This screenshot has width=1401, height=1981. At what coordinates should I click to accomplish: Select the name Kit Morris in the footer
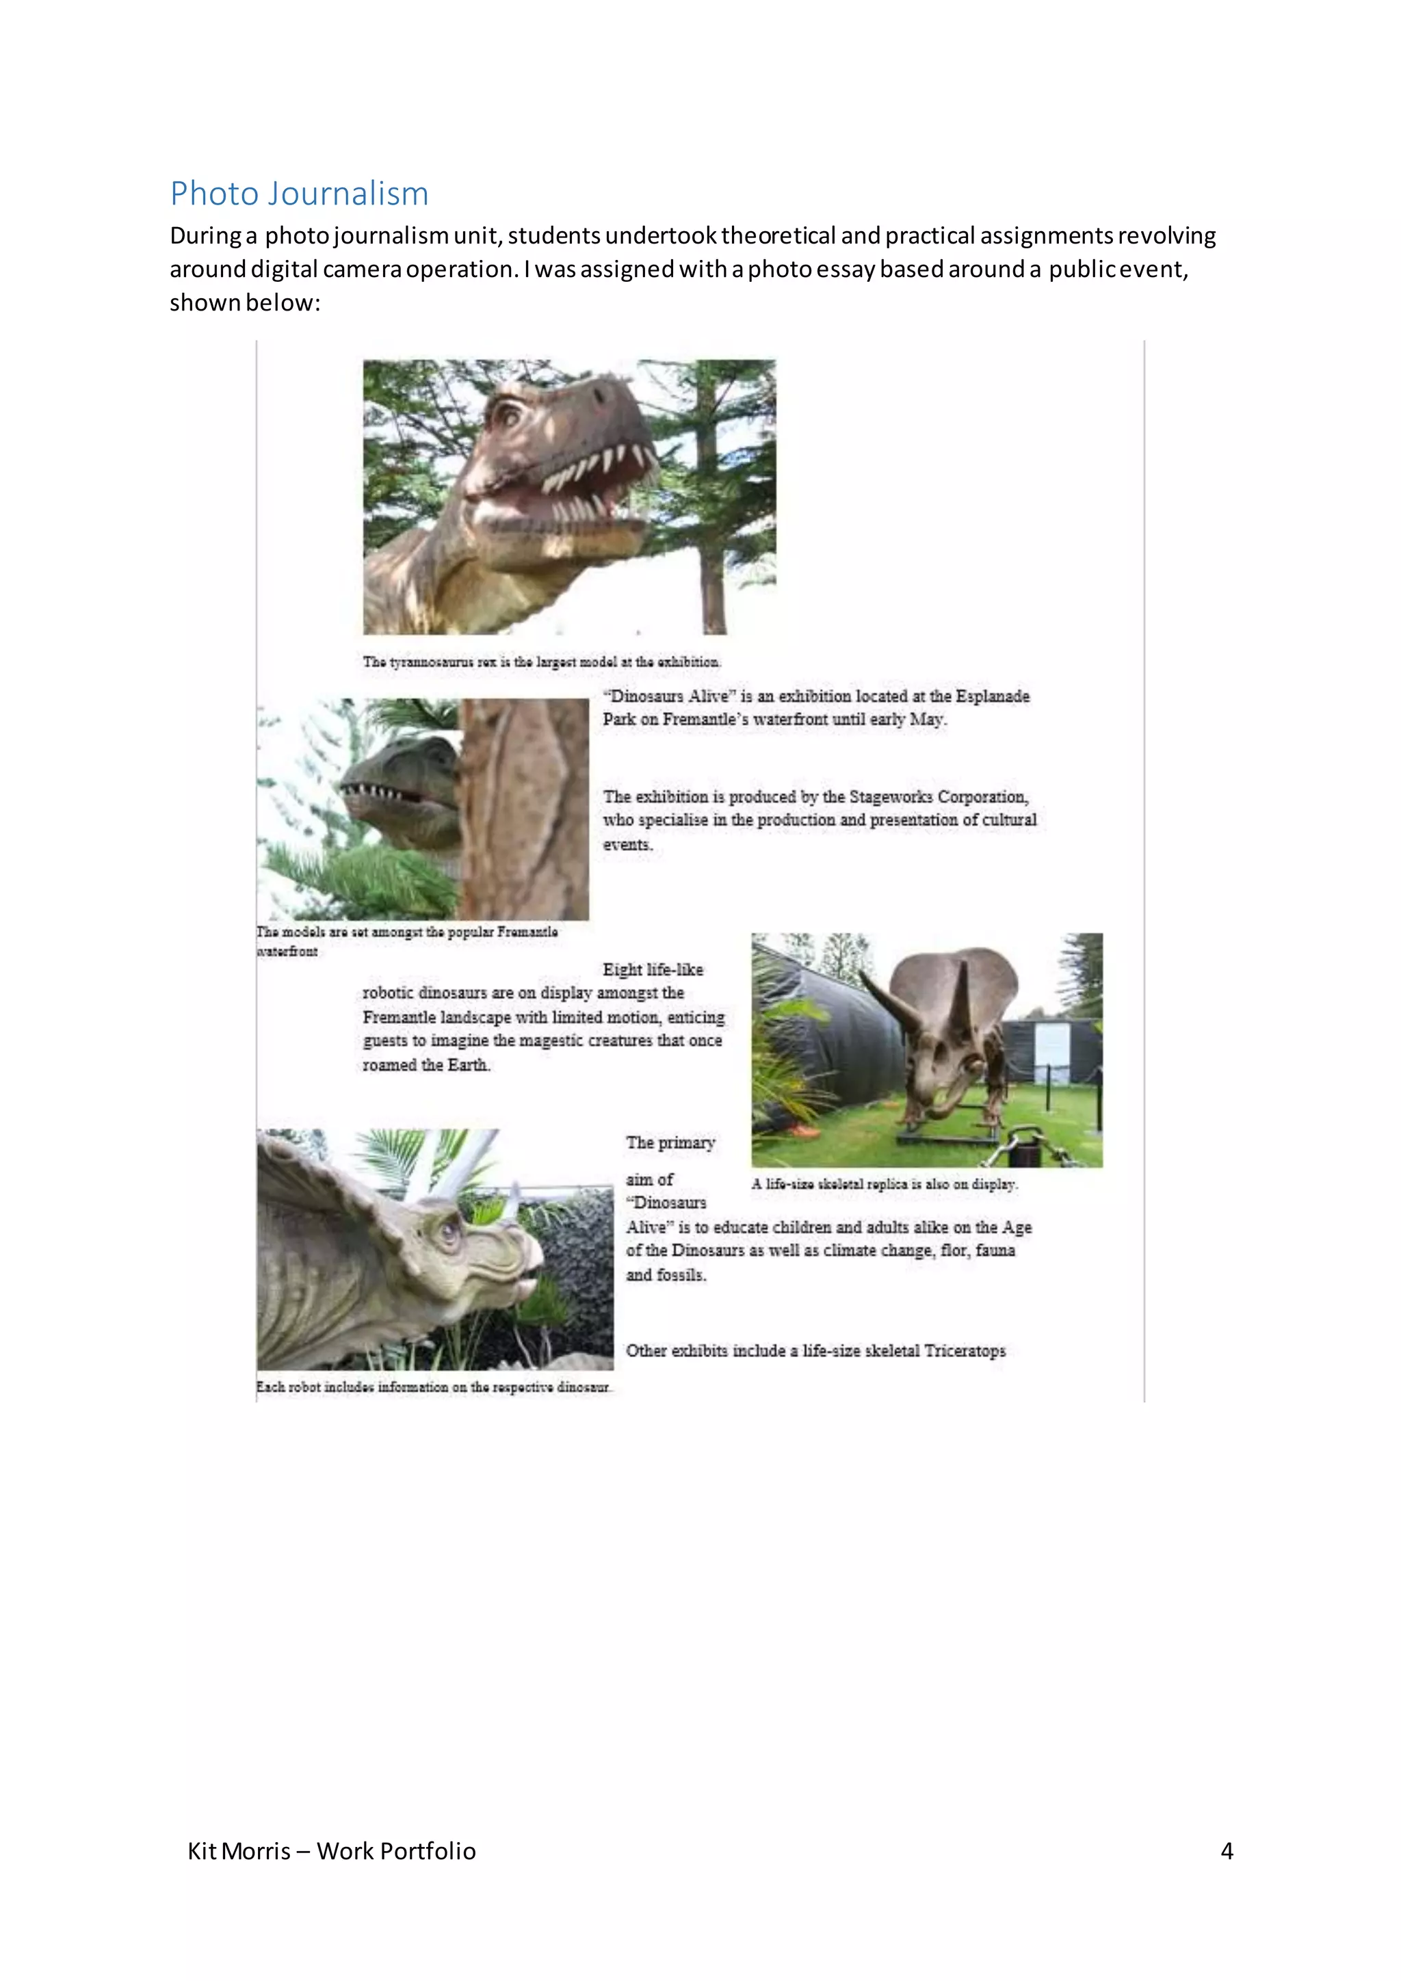pos(239,1851)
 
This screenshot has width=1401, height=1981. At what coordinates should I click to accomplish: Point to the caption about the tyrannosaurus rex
pos(542,661)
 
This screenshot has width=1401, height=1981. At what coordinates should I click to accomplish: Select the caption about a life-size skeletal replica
pos(885,1184)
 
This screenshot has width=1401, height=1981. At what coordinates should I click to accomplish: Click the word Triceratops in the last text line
pos(965,1350)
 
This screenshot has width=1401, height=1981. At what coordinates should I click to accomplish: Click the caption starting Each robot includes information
pos(433,1387)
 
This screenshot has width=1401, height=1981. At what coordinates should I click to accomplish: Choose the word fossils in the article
pos(681,1274)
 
